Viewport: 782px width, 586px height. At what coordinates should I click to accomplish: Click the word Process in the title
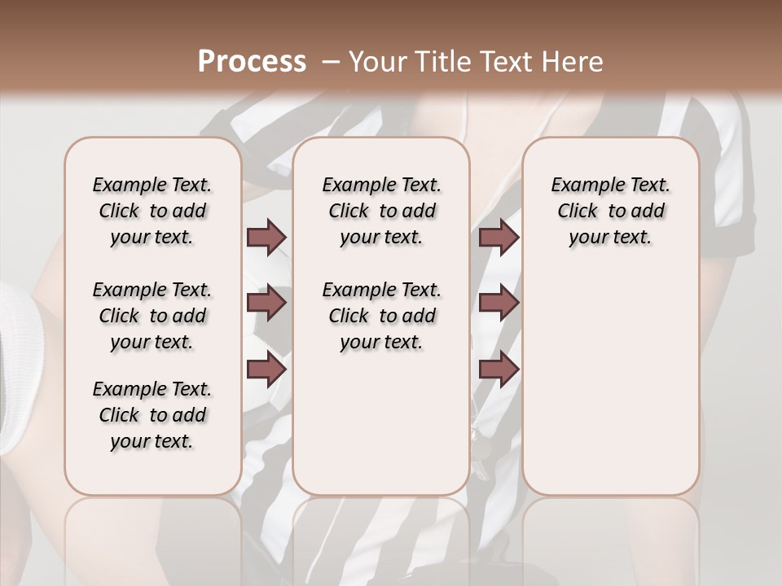pos(252,62)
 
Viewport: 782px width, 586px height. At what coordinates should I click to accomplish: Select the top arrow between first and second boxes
pos(266,238)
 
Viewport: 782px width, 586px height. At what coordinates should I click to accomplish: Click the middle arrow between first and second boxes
pos(266,303)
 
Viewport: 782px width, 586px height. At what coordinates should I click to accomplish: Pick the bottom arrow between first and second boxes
pos(266,369)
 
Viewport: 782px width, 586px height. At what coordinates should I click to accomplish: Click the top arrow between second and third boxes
pos(499,238)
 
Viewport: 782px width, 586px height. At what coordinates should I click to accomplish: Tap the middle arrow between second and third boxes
pos(499,303)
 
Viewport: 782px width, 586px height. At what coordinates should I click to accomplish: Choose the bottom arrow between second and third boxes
pos(499,369)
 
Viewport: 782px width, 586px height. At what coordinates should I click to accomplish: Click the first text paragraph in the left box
pos(152,211)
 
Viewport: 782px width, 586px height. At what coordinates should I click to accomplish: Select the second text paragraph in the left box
pos(152,316)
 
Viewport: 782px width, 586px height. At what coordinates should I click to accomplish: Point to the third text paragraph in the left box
pos(152,415)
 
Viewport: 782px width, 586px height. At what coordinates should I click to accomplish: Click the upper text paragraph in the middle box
pos(381,211)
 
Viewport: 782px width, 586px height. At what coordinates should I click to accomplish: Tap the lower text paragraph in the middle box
pos(381,316)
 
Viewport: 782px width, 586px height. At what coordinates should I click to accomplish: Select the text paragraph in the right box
pos(610,211)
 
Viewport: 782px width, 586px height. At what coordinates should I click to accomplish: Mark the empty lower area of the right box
pos(610,374)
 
